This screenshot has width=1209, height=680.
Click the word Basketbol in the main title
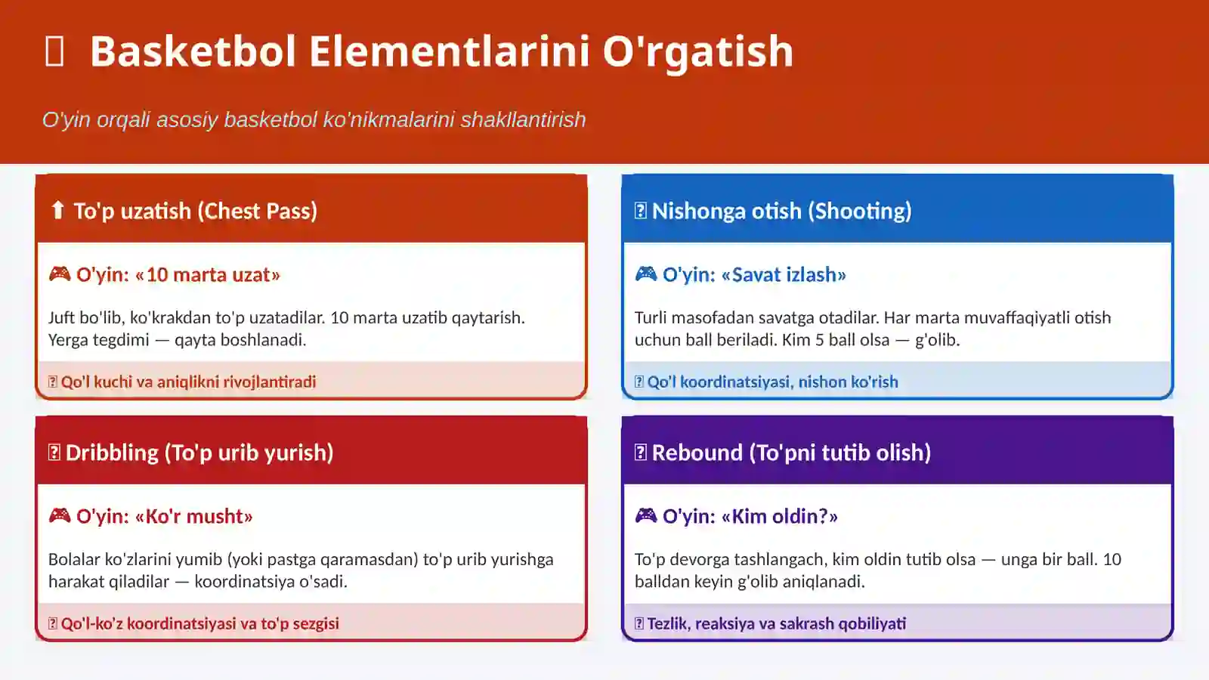click(193, 51)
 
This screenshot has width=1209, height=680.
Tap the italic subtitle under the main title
click(314, 119)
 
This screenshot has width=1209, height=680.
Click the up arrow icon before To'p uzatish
click(57, 210)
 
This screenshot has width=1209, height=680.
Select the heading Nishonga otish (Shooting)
click(781, 211)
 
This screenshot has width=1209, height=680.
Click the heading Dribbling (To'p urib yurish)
click(199, 453)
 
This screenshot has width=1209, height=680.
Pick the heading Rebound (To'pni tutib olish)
click(791, 453)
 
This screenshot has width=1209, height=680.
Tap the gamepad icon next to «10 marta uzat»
click(60, 274)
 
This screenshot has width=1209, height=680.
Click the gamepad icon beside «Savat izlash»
click(646, 274)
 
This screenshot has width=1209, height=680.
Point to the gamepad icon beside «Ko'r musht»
click(60, 515)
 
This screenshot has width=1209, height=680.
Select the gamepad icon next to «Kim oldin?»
click(646, 515)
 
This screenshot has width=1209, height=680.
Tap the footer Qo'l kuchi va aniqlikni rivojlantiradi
click(188, 382)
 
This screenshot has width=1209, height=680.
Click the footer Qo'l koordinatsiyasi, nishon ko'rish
click(772, 382)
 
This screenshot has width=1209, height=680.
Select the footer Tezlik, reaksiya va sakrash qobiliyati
click(776, 623)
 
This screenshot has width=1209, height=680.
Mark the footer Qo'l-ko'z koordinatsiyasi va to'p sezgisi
click(199, 623)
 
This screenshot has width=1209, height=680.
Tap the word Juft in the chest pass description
click(62, 317)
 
